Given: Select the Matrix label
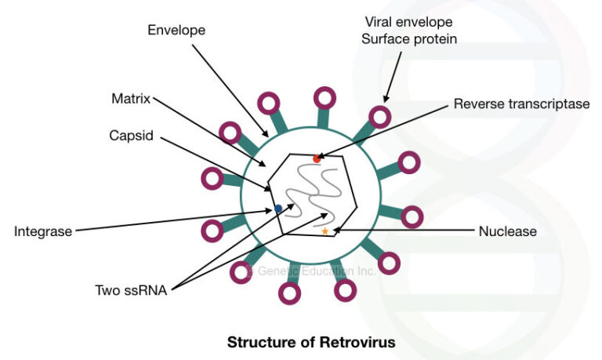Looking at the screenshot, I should pyautogui.click(x=130, y=99).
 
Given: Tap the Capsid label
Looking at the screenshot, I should pyautogui.click(x=131, y=135).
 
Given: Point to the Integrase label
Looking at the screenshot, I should pyautogui.click(x=43, y=231).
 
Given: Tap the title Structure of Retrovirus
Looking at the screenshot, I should pyautogui.click(x=311, y=342).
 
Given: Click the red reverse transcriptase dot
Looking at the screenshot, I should pyautogui.click(x=317, y=159).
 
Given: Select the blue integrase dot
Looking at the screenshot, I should pyautogui.click(x=278, y=209).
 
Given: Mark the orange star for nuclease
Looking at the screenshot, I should pyautogui.click(x=325, y=231).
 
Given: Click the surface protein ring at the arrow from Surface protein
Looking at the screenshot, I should pyautogui.click(x=380, y=117).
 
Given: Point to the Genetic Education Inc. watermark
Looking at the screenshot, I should pyautogui.click(x=311, y=271).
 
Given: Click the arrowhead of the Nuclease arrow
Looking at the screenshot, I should pyautogui.click(x=335, y=230).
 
